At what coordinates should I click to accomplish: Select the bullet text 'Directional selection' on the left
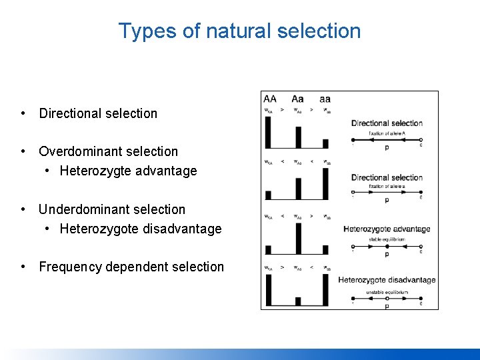(x=98, y=113)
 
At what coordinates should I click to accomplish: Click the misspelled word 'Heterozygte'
(x=97, y=171)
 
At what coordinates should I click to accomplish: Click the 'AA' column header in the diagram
(x=270, y=99)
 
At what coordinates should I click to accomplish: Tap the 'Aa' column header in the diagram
(x=297, y=99)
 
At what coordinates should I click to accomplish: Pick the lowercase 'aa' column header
(x=325, y=99)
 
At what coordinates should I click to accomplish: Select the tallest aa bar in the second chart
(x=325, y=184)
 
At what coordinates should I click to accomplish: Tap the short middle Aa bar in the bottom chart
(x=297, y=301)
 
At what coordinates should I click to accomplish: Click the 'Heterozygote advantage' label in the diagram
(x=387, y=229)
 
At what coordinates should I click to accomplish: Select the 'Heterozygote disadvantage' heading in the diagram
(x=387, y=280)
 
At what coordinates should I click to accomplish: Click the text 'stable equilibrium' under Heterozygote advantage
(x=387, y=239)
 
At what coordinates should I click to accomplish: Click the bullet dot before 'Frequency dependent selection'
(x=23, y=267)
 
